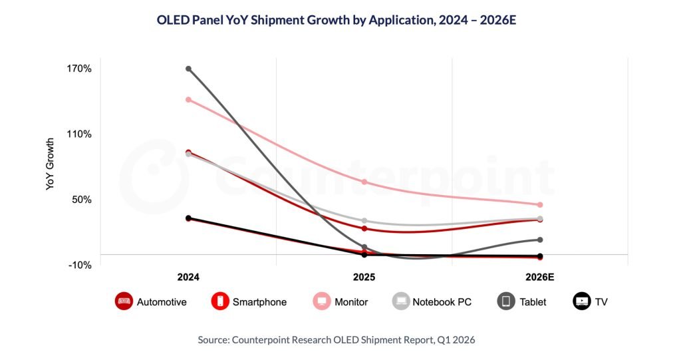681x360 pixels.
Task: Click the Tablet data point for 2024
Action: pos(188,69)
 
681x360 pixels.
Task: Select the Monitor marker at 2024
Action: pos(188,100)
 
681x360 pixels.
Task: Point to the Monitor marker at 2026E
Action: pos(540,205)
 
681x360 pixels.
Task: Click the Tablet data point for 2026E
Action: pos(540,240)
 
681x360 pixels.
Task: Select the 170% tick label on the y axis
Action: pos(78,69)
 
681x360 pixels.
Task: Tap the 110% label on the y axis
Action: pos(78,134)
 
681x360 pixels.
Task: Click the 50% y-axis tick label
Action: pos(81,200)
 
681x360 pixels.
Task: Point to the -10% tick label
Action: pos(79,265)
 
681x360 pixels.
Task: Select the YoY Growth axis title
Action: pos(50,164)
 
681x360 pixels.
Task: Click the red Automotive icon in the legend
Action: pos(124,301)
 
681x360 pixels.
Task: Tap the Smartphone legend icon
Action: pos(219,301)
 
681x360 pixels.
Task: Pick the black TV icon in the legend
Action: pos(582,301)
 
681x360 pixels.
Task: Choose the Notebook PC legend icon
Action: pos(400,301)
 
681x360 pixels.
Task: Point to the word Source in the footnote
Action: pos(213,339)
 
